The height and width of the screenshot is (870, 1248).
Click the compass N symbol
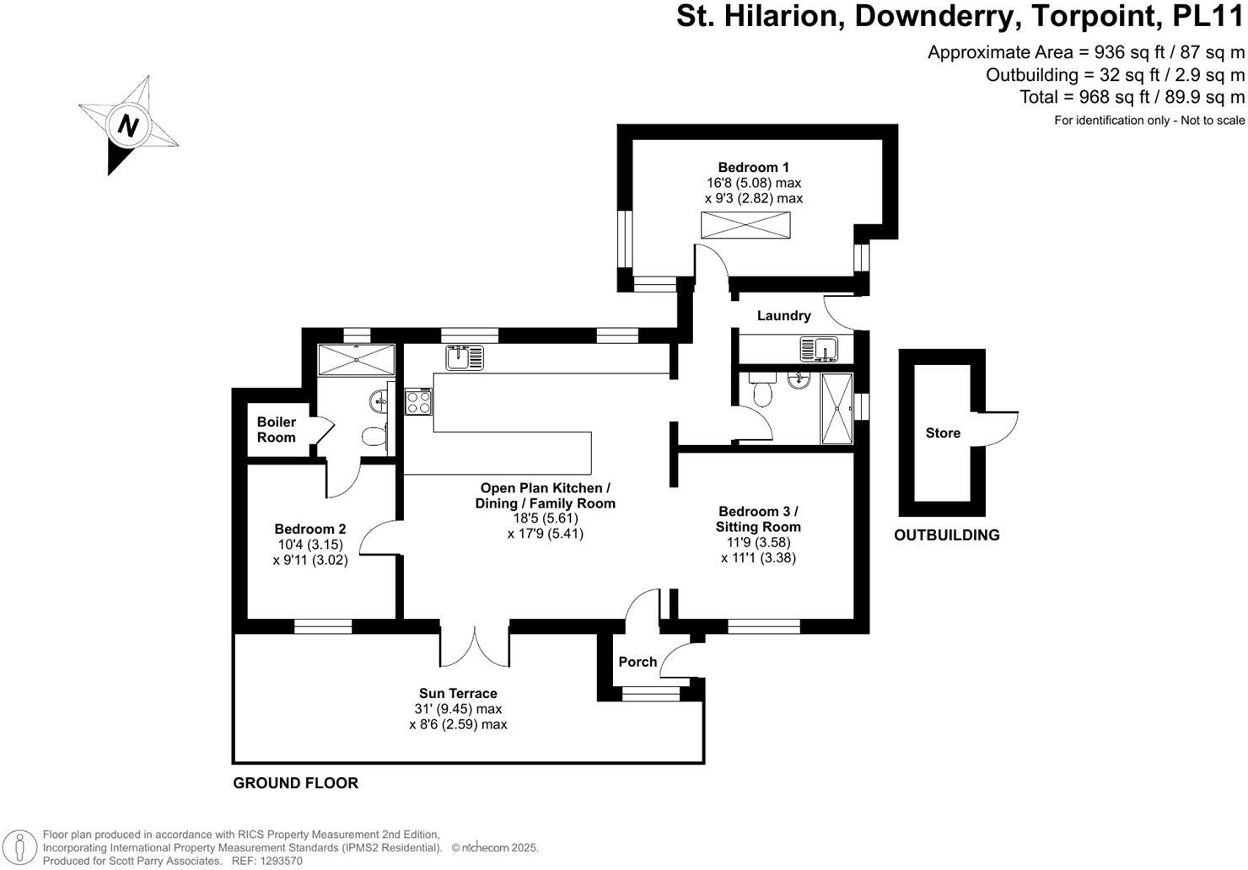click(x=128, y=126)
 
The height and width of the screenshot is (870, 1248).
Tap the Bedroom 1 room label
click(x=753, y=167)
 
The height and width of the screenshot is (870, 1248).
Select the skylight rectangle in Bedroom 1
click(x=746, y=226)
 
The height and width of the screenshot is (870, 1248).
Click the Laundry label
click(x=783, y=315)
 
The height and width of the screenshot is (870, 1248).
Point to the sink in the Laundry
click(x=817, y=348)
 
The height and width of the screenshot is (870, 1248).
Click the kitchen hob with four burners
click(x=419, y=400)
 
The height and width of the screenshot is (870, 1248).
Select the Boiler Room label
click(x=277, y=429)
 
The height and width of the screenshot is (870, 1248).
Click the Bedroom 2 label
click(x=309, y=529)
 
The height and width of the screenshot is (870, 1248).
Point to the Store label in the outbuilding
click(x=942, y=432)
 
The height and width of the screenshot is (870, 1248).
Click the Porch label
click(x=637, y=662)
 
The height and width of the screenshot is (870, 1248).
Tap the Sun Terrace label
click(x=458, y=694)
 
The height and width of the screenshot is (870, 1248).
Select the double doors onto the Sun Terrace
click(x=474, y=645)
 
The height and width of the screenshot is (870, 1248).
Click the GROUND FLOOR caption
click(x=295, y=783)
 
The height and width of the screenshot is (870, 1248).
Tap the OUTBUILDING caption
click(x=946, y=535)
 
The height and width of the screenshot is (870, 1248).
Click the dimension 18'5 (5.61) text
click(x=545, y=518)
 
